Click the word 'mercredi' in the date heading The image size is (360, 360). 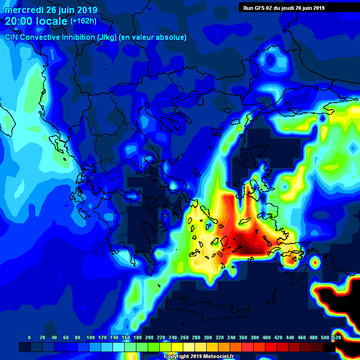click(x=22, y=10)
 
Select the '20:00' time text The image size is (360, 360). click(x=19, y=21)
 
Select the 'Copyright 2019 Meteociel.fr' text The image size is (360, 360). click(x=198, y=356)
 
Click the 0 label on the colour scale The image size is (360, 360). click(x=30, y=337)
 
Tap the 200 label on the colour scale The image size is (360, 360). click(x=150, y=337)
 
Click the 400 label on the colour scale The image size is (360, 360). click(x=267, y=337)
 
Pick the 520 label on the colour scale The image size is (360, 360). click(x=337, y=337)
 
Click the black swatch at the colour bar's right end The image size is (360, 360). click(x=330, y=347)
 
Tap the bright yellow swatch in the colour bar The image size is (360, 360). click(x=177, y=347)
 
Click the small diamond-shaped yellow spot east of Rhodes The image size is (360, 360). click(x=315, y=262)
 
